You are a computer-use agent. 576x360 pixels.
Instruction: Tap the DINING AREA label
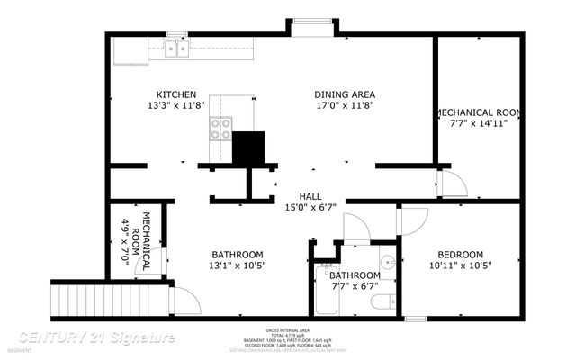[344, 94]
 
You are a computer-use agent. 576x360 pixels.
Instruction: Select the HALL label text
[310, 196]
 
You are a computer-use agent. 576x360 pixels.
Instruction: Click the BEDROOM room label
[460, 254]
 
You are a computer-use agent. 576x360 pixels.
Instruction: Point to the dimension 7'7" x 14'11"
[478, 123]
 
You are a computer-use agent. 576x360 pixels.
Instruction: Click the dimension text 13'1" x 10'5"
[238, 265]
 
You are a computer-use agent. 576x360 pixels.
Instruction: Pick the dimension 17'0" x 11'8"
[344, 105]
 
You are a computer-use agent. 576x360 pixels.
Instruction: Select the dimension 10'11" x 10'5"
[460, 265]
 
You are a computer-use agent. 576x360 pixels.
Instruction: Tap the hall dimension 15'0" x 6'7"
[310, 208]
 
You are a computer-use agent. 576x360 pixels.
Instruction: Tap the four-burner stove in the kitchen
[221, 130]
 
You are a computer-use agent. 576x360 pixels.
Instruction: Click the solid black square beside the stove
[249, 148]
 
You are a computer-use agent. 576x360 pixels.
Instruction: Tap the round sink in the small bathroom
[387, 263]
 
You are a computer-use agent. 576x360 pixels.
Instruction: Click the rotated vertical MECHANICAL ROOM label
[138, 242]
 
